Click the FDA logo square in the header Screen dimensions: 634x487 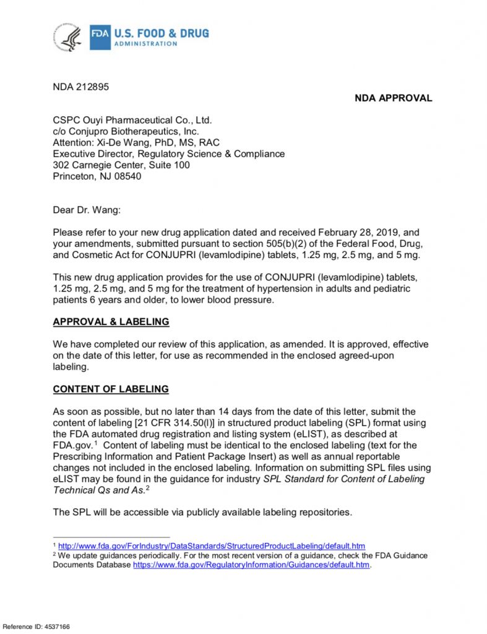coord(100,35)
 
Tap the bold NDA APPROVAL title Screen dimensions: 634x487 coord(393,98)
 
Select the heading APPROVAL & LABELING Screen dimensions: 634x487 coord(111,322)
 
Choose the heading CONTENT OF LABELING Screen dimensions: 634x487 coord(111,389)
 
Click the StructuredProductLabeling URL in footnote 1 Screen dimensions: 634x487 coord(211,545)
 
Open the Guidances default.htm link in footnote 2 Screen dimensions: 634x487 coord(251,565)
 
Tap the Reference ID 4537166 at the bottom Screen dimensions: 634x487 coord(35,627)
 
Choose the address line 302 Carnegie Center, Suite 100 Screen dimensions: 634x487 coord(121,165)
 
